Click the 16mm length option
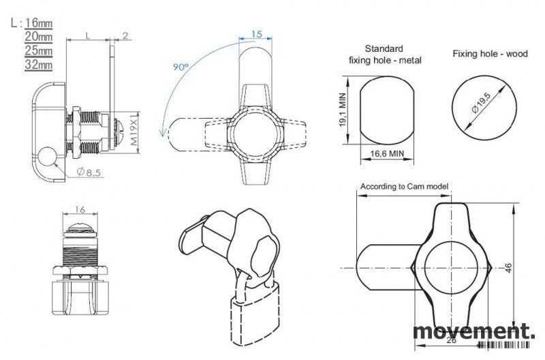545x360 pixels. click(x=39, y=23)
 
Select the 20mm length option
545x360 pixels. click(x=39, y=37)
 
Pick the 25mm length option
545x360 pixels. click(x=39, y=50)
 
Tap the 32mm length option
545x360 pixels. click(x=39, y=65)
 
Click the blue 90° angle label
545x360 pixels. click(x=181, y=67)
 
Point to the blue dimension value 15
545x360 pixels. click(x=256, y=34)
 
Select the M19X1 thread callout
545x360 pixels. click(x=134, y=130)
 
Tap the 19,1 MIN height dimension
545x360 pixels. click(x=343, y=110)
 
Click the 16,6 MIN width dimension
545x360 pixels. click(x=387, y=153)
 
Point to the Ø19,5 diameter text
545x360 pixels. click(x=481, y=102)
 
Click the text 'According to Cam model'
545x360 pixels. click(x=404, y=186)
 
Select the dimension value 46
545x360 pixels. click(x=508, y=267)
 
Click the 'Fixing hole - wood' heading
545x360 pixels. click(x=490, y=54)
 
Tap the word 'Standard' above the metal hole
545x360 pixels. click(x=384, y=48)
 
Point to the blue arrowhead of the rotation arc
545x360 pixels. click(x=162, y=132)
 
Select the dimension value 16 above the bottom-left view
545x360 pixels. click(x=80, y=209)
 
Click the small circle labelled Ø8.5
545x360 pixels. click(x=46, y=157)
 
